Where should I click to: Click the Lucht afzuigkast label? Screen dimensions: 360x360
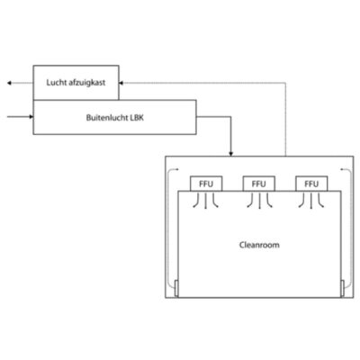(x=76, y=83)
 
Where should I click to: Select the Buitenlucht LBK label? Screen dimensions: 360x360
(x=115, y=118)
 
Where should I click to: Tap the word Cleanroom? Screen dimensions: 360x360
(x=259, y=245)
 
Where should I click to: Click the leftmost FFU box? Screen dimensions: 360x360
(x=206, y=184)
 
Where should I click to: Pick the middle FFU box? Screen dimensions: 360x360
(x=259, y=184)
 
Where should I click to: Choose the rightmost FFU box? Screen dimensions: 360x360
(x=311, y=184)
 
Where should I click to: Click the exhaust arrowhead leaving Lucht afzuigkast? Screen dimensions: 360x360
(x=9, y=83)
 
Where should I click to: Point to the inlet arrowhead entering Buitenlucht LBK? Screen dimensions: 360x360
(x=31, y=116)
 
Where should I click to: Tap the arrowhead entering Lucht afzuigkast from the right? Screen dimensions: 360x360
(x=121, y=83)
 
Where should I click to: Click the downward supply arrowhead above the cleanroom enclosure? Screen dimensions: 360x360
(x=230, y=154)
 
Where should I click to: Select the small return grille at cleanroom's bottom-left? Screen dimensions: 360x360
(x=176, y=288)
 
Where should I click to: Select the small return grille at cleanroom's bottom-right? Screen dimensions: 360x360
(x=342, y=288)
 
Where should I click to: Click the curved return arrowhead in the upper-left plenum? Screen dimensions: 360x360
(x=177, y=169)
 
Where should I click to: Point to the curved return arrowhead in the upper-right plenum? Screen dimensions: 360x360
(x=342, y=169)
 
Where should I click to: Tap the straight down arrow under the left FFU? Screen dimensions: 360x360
(x=205, y=201)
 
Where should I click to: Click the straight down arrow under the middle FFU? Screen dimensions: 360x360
(x=259, y=201)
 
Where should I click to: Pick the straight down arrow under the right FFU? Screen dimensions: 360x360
(x=311, y=201)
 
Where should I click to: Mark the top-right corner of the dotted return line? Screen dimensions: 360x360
(x=285, y=83)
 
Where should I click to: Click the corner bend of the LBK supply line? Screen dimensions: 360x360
(x=230, y=117)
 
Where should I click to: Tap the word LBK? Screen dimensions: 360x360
(x=137, y=118)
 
